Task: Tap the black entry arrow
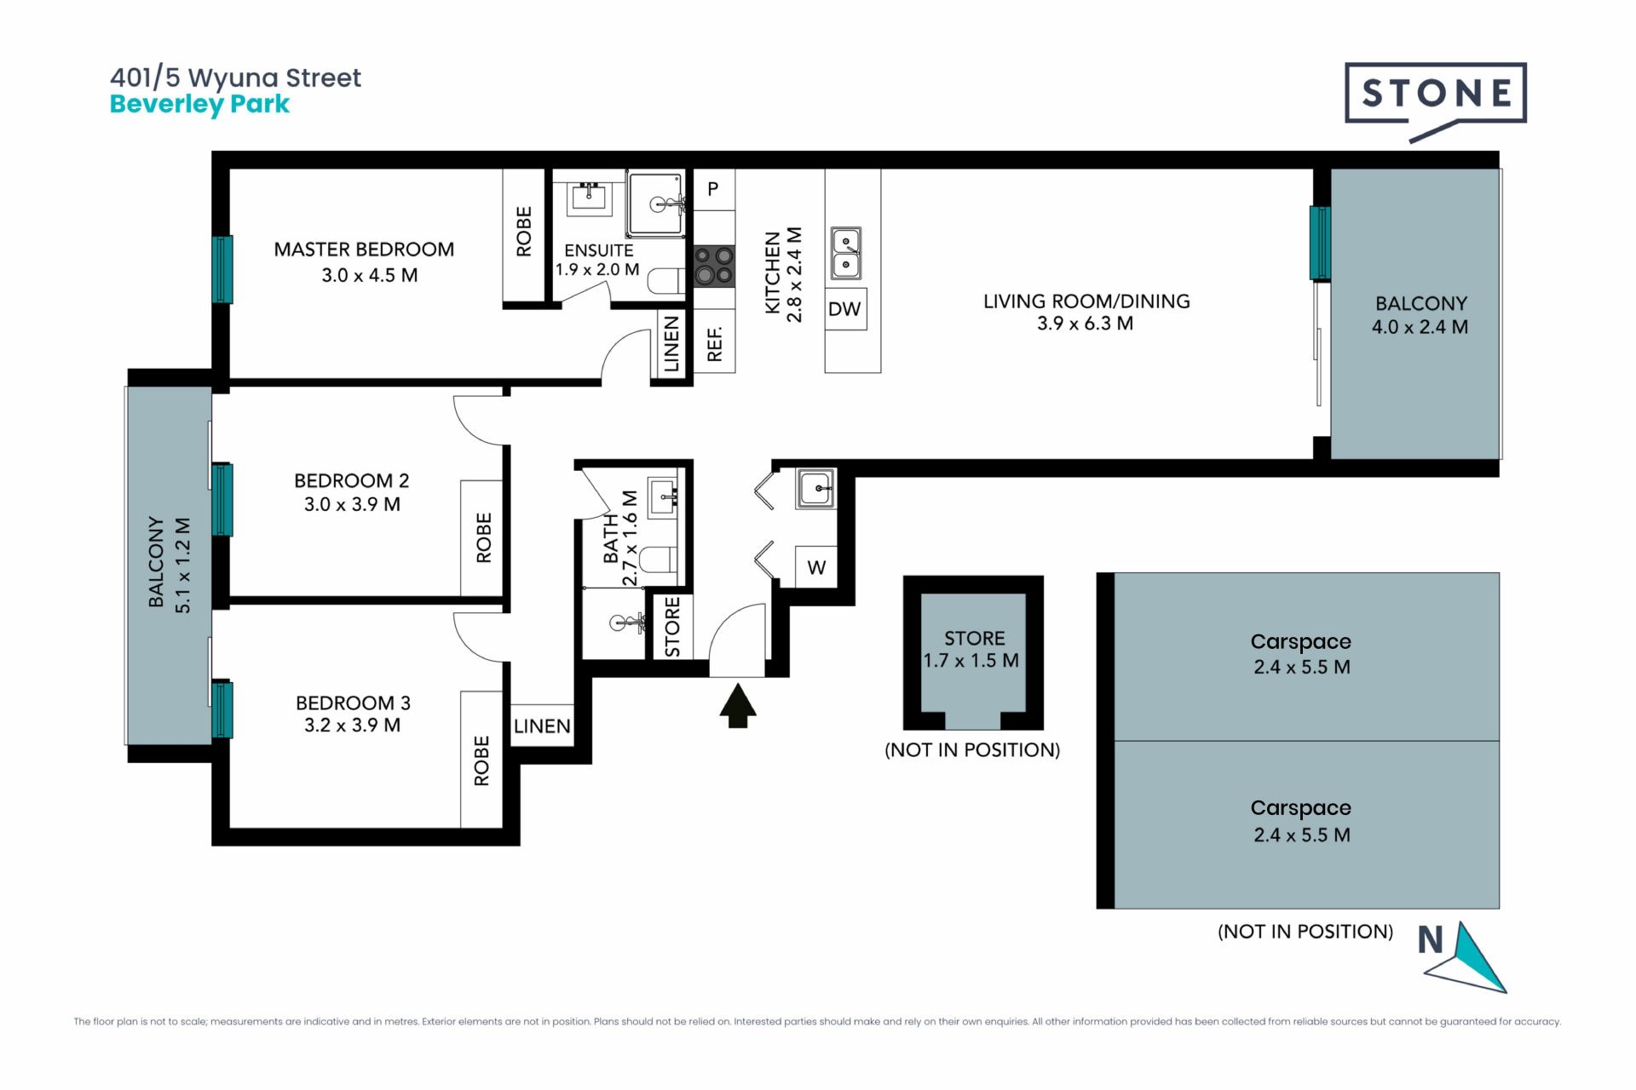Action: coord(738,707)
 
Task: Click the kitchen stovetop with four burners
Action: coord(714,266)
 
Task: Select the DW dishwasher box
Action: coord(844,309)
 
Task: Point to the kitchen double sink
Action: coord(846,254)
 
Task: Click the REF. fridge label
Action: coord(715,344)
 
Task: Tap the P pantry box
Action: coord(714,189)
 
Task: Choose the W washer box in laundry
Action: coord(816,567)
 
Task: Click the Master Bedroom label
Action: coord(364,250)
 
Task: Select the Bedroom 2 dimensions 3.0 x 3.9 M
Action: coord(352,504)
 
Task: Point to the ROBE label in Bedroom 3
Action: coord(481,760)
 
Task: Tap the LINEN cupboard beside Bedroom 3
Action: coord(542,726)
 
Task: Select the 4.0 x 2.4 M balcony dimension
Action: coord(1420,327)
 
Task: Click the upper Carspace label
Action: coord(1301,642)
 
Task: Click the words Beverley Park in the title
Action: coord(199,105)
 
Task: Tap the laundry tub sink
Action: coord(815,489)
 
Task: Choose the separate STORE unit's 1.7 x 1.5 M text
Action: coord(971,661)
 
